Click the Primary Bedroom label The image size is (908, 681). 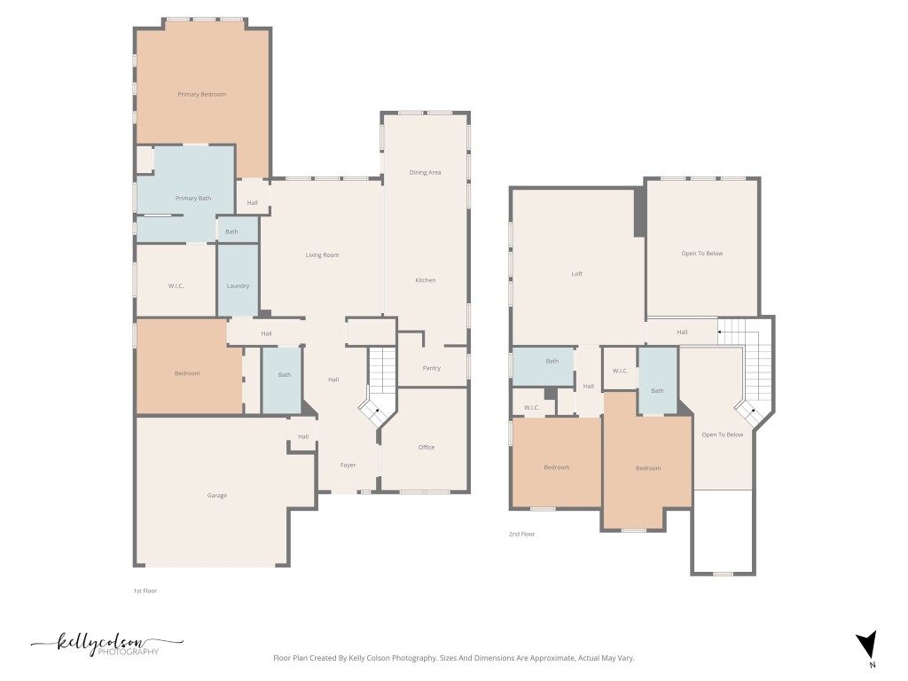tap(201, 94)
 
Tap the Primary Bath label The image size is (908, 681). tap(193, 198)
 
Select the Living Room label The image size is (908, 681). tap(323, 255)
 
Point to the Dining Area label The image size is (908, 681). tap(425, 172)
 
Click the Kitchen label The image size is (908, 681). tap(426, 280)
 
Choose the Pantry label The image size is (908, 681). tap(432, 368)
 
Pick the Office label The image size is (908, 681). tap(427, 447)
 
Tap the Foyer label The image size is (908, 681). tap(348, 465)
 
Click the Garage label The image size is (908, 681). tap(217, 495)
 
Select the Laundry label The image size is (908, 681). tap(238, 286)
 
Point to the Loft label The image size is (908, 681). tap(577, 274)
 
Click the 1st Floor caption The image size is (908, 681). tap(145, 590)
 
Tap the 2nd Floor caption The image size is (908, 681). tap(522, 534)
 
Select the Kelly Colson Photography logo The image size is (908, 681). tap(106, 645)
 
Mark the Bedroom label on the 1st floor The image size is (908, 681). tap(187, 373)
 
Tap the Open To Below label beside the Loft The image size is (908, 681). tap(702, 254)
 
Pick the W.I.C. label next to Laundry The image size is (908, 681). tap(175, 286)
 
